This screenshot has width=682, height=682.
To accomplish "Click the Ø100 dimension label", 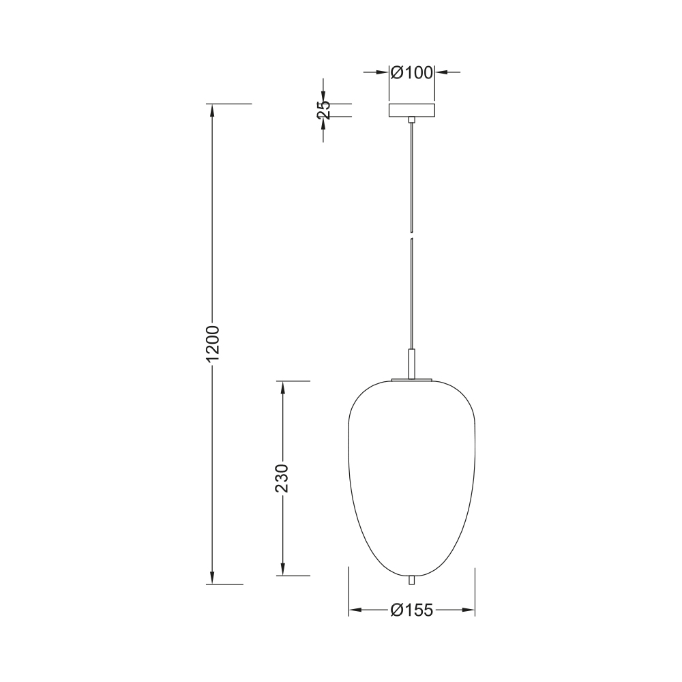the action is [412, 73].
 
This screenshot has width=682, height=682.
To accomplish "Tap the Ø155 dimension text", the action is [412, 610].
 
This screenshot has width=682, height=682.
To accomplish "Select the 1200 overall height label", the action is [213, 344].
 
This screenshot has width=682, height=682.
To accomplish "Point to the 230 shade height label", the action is [282, 478].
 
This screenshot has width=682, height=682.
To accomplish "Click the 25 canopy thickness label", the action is [323, 110].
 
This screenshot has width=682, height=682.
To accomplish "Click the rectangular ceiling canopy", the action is [412, 110].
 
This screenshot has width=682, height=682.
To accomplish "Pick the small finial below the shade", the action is [412, 580].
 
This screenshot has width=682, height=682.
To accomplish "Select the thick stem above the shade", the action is [412, 364].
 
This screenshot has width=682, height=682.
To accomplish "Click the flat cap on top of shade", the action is [412, 380].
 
